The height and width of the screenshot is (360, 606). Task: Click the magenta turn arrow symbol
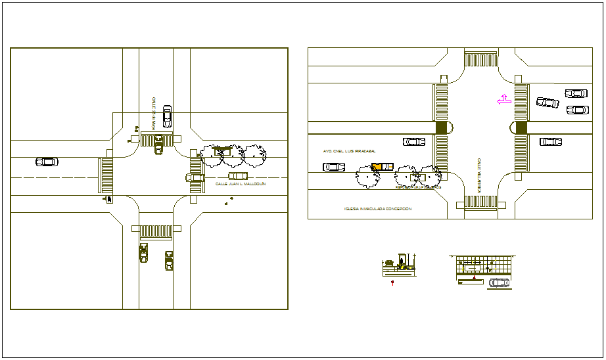click(503, 100)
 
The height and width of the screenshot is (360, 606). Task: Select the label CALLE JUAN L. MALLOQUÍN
click(240, 185)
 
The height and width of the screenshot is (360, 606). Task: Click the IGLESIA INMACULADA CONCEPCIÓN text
click(377, 209)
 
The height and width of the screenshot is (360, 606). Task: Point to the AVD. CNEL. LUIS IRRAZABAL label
click(344, 150)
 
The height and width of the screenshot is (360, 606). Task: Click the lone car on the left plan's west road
click(47, 162)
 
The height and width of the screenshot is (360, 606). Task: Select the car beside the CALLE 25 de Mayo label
click(167, 116)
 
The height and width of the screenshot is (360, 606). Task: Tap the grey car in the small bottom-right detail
click(499, 282)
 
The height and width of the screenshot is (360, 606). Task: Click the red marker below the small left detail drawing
click(392, 283)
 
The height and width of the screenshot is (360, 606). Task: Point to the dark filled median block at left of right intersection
click(441, 127)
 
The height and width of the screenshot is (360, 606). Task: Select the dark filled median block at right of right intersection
click(521, 127)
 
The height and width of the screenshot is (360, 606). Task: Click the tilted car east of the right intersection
click(548, 102)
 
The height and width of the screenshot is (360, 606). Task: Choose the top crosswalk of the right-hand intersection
click(482, 59)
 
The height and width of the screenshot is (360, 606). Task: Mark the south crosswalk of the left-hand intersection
click(156, 231)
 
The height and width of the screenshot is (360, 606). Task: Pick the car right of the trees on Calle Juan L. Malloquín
click(238, 176)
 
